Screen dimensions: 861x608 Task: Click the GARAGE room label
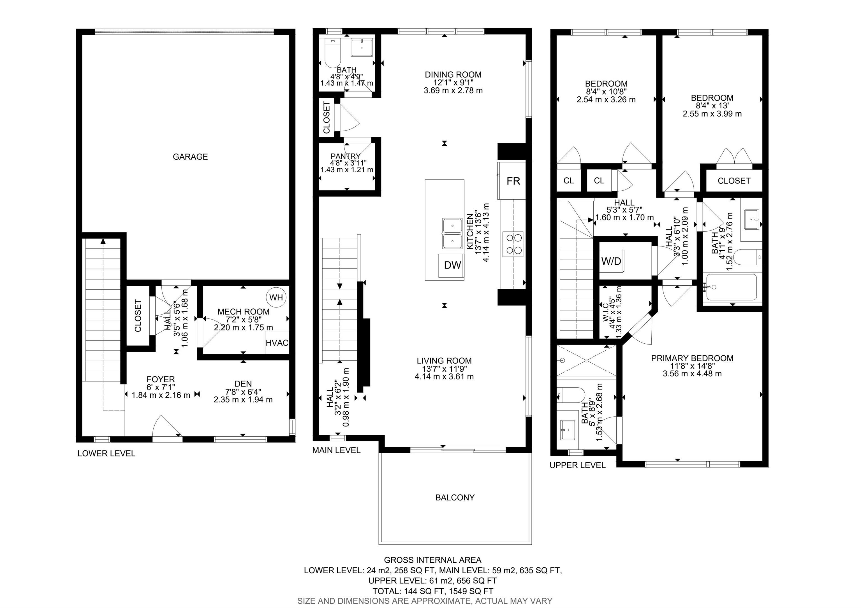pyautogui.click(x=190, y=157)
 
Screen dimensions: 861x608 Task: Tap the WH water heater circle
pyautogui.click(x=276, y=297)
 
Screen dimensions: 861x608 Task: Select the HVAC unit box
pyautogui.click(x=277, y=343)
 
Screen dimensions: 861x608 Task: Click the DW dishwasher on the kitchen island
pyautogui.click(x=452, y=265)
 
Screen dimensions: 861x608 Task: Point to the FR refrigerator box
pyautogui.click(x=513, y=181)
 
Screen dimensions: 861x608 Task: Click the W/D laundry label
pyautogui.click(x=611, y=261)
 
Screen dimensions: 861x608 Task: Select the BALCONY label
pyautogui.click(x=455, y=497)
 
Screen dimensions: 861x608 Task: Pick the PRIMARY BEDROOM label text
pyautogui.click(x=692, y=358)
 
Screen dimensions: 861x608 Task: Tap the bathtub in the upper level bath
pyautogui.click(x=731, y=287)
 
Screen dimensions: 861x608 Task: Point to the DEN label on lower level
pyautogui.click(x=243, y=384)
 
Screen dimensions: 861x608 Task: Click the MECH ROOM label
pyautogui.click(x=243, y=312)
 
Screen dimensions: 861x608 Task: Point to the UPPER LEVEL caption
pyautogui.click(x=577, y=465)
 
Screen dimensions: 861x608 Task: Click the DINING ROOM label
pyautogui.click(x=453, y=74)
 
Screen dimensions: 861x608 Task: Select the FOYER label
pyautogui.click(x=161, y=379)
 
